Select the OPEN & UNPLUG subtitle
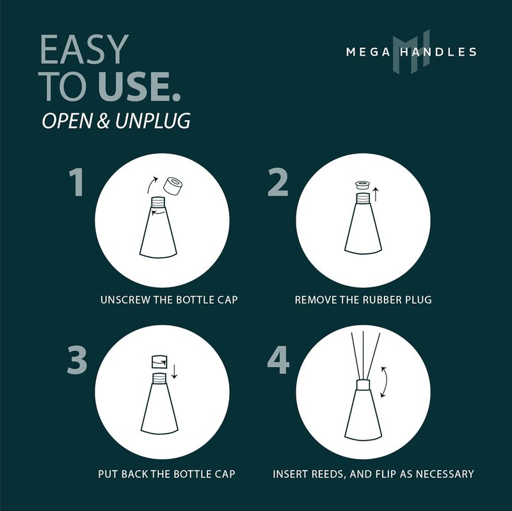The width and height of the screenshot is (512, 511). (116, 122)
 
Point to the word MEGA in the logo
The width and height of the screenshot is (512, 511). (367, 52)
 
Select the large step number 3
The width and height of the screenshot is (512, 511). (77, 360)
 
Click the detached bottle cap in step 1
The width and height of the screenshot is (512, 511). (173, 185)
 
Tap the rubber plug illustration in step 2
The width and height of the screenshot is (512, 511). (362, 186)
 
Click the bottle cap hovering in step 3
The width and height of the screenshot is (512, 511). (158, 362)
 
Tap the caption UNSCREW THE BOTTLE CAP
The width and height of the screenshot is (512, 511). (169, 299)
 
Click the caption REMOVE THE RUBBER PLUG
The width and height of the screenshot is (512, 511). (363, 299)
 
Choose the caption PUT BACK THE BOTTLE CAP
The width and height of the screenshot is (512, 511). (166, 474)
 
